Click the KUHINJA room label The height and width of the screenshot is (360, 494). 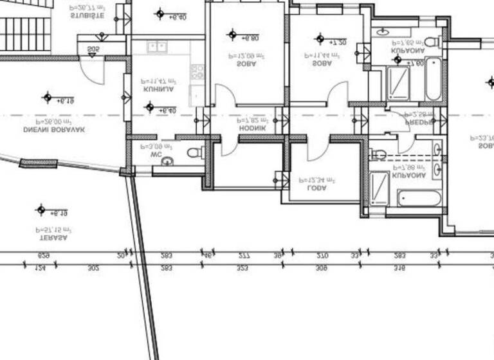pos(158,90)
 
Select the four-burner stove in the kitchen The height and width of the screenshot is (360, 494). pos(198,71)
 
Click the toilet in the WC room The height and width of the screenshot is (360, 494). pos(194,152)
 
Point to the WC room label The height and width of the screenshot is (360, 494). pos(155,154)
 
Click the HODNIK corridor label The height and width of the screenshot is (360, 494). pos(252,129)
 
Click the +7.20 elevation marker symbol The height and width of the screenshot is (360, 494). pos(320,39)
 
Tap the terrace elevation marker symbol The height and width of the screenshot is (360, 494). pos(41,210)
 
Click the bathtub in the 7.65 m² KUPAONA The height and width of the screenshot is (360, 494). pos(433,79)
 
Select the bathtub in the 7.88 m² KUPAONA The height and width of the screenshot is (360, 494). pos(419,197)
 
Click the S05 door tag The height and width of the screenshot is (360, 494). pos(93,49)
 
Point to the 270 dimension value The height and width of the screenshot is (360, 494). pos(322,255)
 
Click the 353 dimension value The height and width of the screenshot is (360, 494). pos(242,267)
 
